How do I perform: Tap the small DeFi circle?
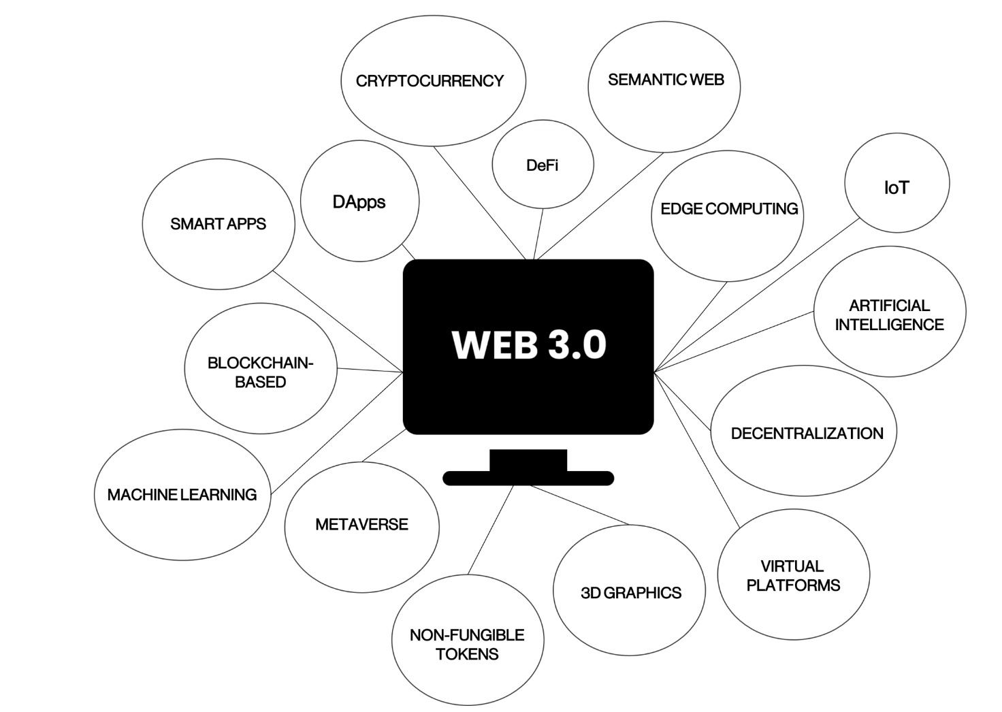click(543, 165)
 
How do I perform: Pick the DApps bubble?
click(359, 202)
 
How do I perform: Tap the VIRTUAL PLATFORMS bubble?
click(794, 576)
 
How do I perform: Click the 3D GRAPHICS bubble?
click(630, 592)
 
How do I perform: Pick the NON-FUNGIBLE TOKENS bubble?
click(468, 643)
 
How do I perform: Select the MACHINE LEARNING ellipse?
click(182, 495)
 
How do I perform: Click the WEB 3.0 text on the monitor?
click(529, 344)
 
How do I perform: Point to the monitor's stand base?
click(528, 479)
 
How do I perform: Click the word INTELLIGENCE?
click(889, 325)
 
